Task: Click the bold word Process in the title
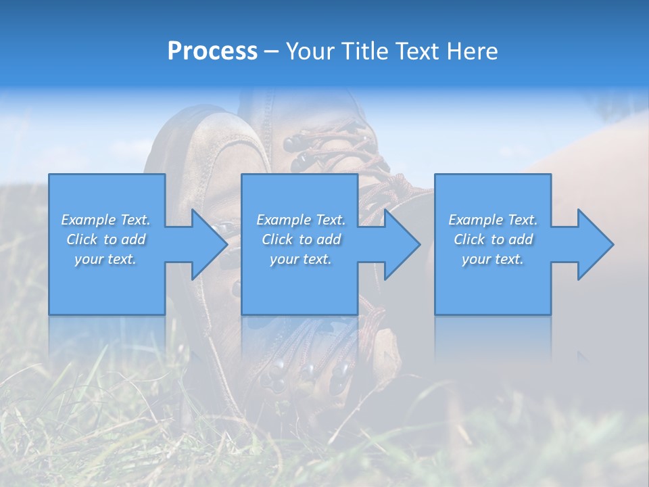coord(212,51)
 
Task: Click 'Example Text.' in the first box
coord(105,220)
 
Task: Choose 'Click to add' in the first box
coord(105,239)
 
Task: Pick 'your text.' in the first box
coord(105,259)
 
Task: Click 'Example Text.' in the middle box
coord(301,220)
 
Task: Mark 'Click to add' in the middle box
coord(301,239)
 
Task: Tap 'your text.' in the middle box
coord(301,259)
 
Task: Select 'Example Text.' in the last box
coord(493,220)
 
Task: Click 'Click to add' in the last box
coord(493,239)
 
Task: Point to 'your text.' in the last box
coord(493,259)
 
